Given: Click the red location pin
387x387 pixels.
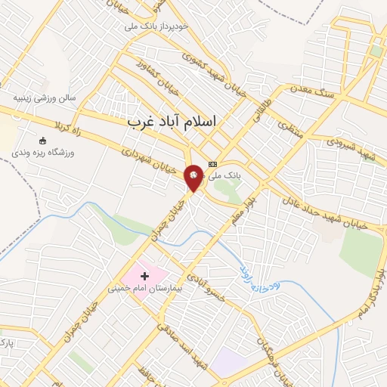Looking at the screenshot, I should pos(194,177).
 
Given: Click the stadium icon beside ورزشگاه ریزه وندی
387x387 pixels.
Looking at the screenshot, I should pos(42,141).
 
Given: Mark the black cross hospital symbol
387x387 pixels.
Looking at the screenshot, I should pos(144,277).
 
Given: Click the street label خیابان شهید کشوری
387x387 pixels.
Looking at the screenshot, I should pos(212,68).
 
